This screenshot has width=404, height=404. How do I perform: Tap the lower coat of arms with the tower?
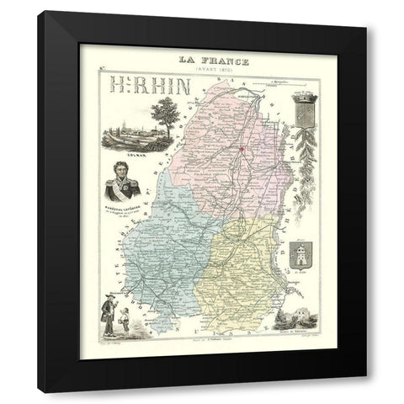click(300, 254)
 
